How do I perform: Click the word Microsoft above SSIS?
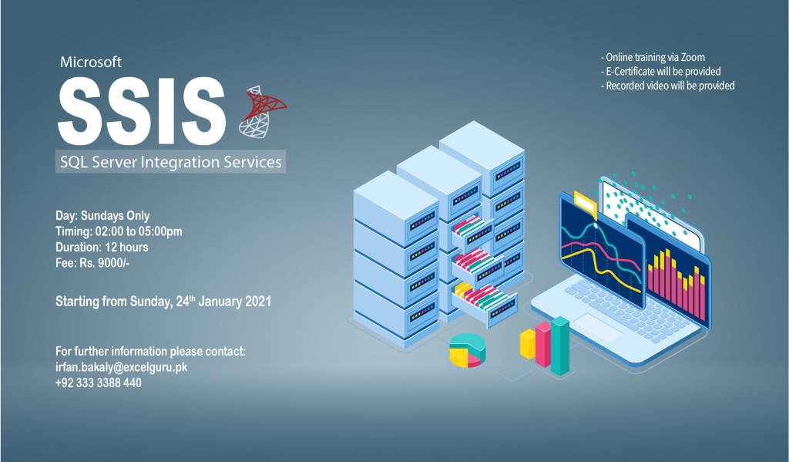(91, 62)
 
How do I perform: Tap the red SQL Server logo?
(262, 112)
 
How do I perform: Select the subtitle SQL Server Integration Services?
(170, 162)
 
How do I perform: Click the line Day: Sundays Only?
(102, 216)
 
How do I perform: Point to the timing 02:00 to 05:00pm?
(139, 231)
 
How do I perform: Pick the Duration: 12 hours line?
(102, 247)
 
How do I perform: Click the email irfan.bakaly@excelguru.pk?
(121, 367)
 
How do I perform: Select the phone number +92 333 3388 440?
(98, 383)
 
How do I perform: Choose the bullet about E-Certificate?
(660, 71)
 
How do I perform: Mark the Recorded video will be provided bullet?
(668, 86)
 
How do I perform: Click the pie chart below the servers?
(468, 349)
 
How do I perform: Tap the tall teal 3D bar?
(560, 346)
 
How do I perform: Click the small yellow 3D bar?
(527, 343)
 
